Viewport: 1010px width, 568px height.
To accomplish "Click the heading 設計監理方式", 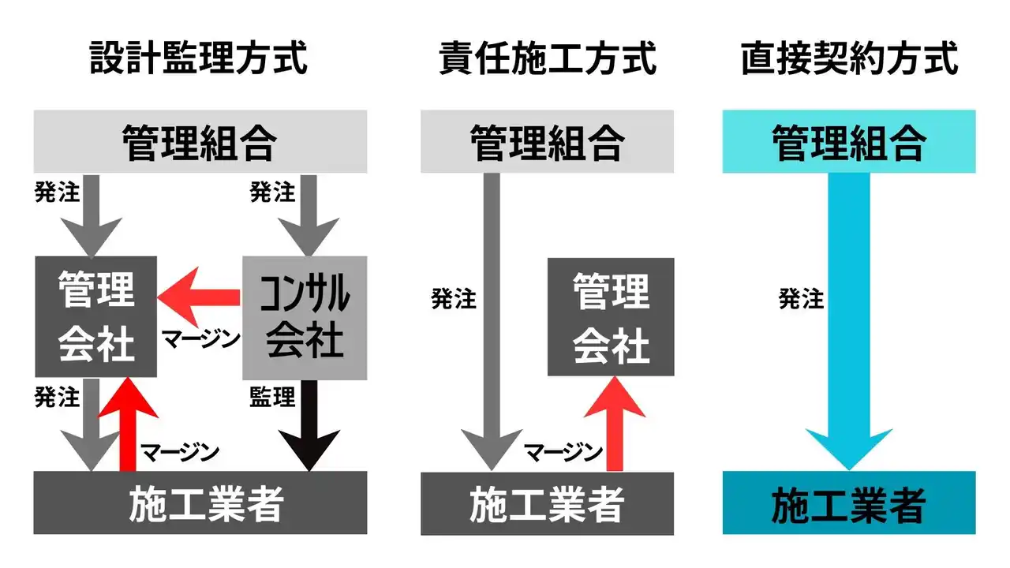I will (198, 58).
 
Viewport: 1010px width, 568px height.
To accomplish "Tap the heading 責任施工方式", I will (548, 58).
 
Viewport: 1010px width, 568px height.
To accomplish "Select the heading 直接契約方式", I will (849, 58).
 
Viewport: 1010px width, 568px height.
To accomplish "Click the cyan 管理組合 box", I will (849, 142).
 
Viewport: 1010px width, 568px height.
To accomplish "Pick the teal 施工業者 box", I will (849, 503).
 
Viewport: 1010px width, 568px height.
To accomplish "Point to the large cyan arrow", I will (849, 316).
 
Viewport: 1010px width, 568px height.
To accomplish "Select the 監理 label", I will (272, 397).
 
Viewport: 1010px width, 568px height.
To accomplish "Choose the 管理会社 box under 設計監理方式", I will (95, 316).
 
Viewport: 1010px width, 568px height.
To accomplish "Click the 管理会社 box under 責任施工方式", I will (611, 316).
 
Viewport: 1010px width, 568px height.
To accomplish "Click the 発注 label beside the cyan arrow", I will (801, 299).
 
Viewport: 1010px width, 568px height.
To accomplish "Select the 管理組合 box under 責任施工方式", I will (547, 142).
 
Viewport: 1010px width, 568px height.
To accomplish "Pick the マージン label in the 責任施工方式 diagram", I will (563, 452).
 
